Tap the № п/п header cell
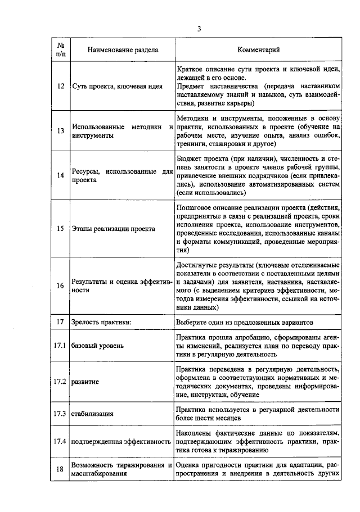(60, 50)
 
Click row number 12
(60, 87)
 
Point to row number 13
(60, 131)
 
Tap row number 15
(60, 229)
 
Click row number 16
(60, 285)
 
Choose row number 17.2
(60, 382)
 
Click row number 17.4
(60, 442)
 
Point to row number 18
(60, 469)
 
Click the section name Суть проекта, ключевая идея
(118, 87)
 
